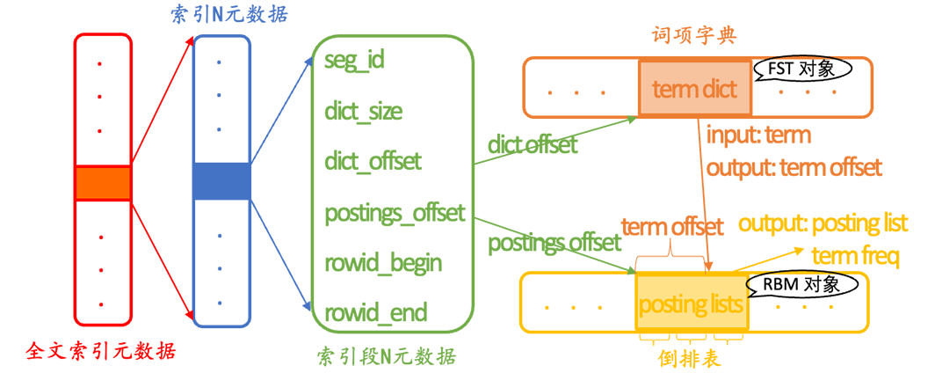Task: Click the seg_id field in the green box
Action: tap(355, 61)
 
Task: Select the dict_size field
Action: tap(364, 111)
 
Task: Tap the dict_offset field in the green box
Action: tap(373, 161)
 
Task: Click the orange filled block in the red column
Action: tap(103, 182)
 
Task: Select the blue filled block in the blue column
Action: tap(221, 181)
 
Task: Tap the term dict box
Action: tap(695, 88)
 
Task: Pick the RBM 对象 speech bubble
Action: tap(798, 284)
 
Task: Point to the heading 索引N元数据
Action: tap(227, 15)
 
